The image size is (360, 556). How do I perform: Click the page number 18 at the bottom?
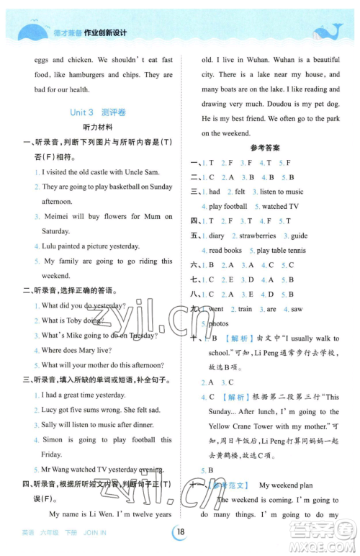(180, 532)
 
